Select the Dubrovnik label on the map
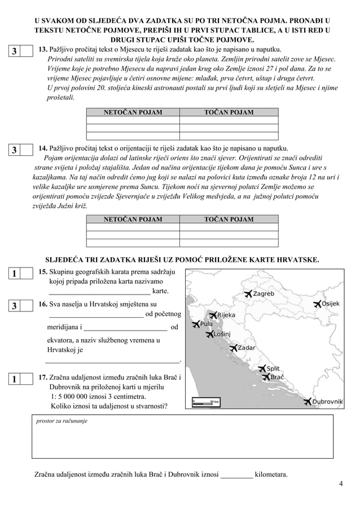point(327,402)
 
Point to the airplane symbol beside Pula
point(196,324)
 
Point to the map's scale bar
point(205,401)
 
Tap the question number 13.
point(42,50)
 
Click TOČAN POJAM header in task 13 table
point(229,112)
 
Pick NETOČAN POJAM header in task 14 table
point(133,219)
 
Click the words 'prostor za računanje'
point(61,421)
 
